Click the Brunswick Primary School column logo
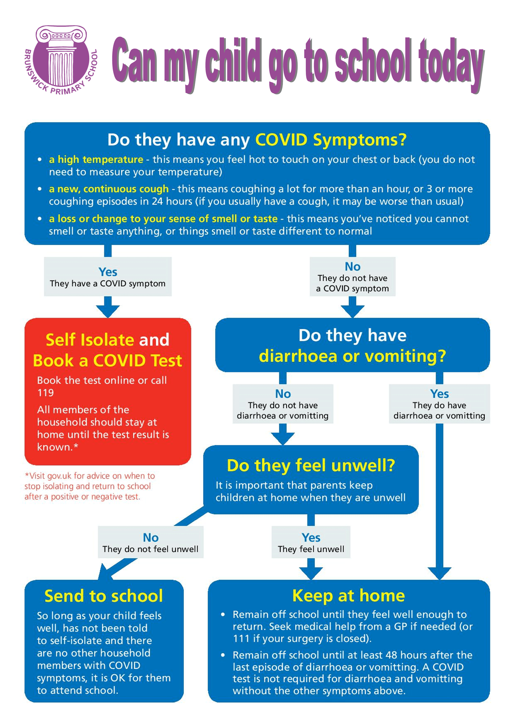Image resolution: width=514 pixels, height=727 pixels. pos(61,60)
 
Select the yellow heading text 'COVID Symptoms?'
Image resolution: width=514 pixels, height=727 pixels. pos(331,140)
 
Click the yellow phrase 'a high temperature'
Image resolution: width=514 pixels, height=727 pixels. pos(96,159)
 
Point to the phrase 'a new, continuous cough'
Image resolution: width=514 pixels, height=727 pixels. pos(109,189)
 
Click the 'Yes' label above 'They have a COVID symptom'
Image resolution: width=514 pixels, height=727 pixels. pos(108,272)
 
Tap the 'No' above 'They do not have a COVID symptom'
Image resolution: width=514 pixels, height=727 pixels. pos(353,267)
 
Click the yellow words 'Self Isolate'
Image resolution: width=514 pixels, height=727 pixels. pos(90,340)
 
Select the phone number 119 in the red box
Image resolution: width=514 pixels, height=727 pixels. pos(45,393)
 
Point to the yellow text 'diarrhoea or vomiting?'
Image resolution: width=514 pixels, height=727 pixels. pos(352,356)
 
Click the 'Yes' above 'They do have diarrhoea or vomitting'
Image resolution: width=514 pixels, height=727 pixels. pos(439,394)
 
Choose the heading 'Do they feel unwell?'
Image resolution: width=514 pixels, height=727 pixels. pos(311,466)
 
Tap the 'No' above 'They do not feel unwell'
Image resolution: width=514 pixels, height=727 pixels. pos(151,537)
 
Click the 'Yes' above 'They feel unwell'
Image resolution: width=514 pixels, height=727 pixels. pos(311,537)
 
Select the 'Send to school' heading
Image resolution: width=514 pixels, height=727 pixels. pos(104,596)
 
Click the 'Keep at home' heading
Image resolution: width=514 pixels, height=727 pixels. pos(349,596)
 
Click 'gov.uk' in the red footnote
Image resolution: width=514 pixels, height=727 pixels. pos(59,476)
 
